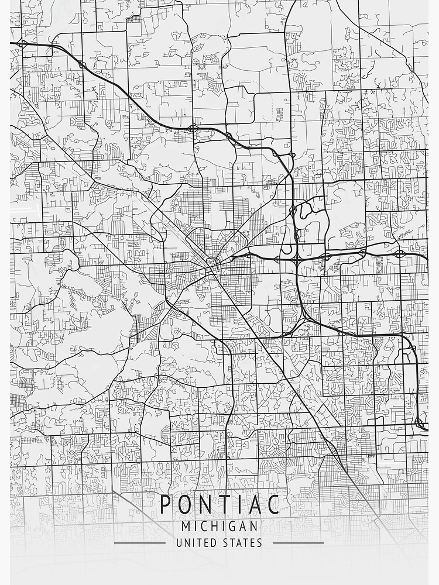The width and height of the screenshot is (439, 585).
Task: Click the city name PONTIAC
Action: (220, 504)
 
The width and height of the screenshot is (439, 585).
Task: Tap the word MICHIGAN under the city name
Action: (220, 526)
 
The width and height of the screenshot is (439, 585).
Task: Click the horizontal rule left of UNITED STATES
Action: (140, 543)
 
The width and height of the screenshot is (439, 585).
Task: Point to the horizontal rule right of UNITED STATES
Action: (299, 543)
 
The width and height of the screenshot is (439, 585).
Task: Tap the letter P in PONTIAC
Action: (166, 504)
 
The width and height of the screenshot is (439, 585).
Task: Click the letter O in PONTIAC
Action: (184, 504)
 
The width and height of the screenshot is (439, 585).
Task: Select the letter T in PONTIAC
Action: (222, 504)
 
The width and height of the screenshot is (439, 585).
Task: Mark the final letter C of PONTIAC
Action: (273, 504)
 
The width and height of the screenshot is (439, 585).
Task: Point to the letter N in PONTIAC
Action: (204, 504)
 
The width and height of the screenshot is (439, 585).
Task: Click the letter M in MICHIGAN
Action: (186, 526)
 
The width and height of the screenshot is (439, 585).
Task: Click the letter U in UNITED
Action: (179, 543)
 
